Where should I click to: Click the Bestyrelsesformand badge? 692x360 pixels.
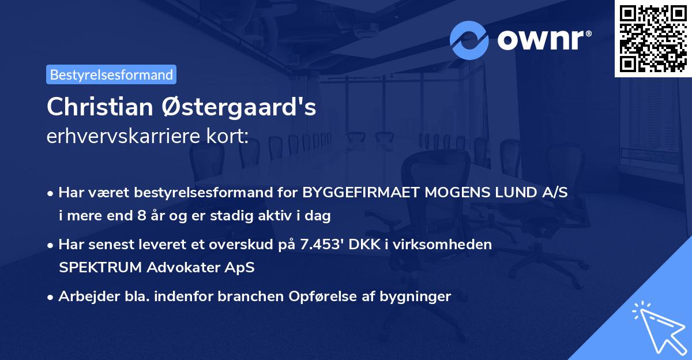click(x=111, y=74)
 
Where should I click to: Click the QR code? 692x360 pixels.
click(x=653, y=37)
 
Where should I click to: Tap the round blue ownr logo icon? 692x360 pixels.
click(x=469, y=40)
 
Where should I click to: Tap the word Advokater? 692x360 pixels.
click(x=179, y=268)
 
